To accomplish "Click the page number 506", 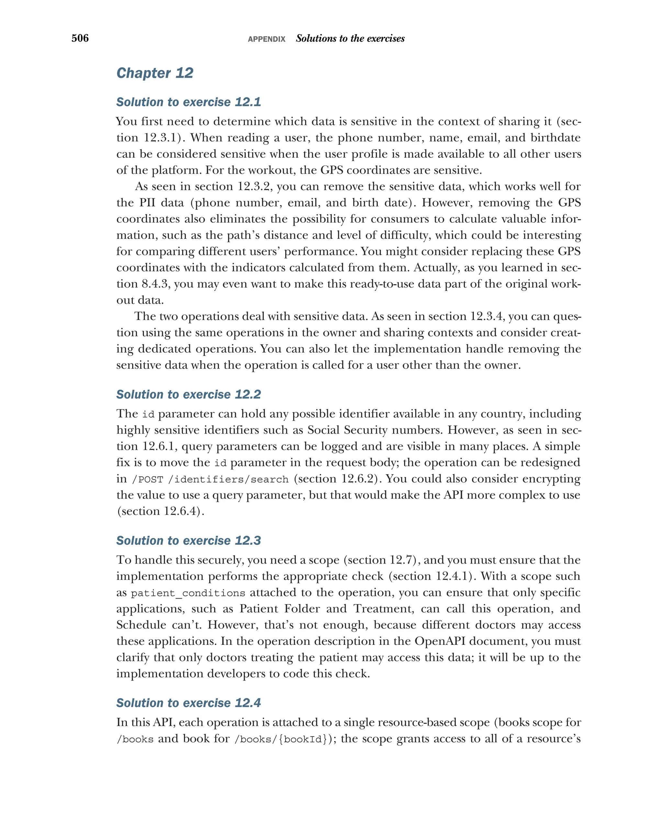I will pos(80,38).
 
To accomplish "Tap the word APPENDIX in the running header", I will pos(266,39).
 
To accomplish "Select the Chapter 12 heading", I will pos(155,73).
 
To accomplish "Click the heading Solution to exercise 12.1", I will pos(189,102).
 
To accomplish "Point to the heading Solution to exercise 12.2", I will pos(189,394).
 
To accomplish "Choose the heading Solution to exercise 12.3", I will pos(189,541).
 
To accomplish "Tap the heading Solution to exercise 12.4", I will pos(189,703).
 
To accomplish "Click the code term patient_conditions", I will pos(188,593).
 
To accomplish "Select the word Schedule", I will pos(141,625).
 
